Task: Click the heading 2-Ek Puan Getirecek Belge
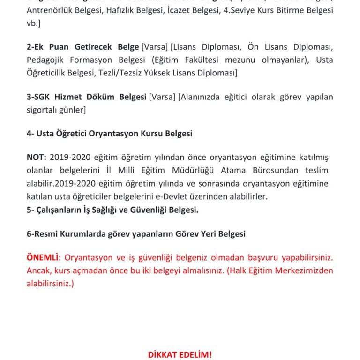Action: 83,47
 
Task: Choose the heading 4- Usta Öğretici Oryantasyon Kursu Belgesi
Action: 109,134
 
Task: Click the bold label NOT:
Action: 37,157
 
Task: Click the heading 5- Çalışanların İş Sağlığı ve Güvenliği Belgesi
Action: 112,210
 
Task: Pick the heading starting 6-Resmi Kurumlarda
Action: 136,233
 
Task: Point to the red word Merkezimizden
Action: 304,271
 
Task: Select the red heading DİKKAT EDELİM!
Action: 180,354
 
